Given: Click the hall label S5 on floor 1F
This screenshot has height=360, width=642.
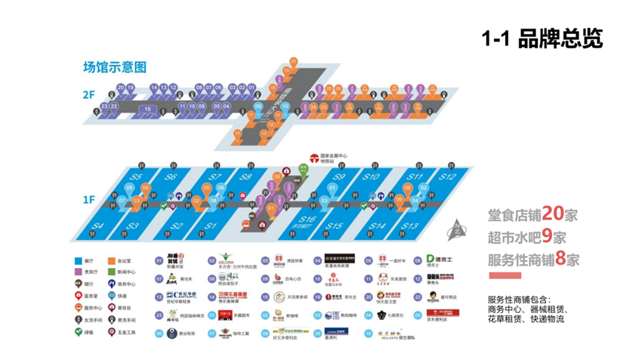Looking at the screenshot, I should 136,177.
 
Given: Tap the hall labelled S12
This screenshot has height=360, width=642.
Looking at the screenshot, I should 447,177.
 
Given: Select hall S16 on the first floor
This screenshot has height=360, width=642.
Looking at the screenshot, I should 306,219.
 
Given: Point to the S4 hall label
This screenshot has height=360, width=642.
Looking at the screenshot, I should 98,226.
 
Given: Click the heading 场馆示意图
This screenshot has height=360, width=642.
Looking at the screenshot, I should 115,67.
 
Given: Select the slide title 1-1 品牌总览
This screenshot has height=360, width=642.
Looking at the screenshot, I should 542,39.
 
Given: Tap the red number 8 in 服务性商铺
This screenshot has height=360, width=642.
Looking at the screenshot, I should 573,260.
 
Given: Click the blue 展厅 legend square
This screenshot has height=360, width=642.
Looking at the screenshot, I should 78,260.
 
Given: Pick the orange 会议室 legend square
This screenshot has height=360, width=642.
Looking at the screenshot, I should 111,260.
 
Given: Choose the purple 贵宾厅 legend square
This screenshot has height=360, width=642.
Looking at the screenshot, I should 78,272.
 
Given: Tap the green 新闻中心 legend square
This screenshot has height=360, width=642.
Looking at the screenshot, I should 111,272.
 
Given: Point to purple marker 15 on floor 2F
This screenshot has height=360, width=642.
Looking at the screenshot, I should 148,109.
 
